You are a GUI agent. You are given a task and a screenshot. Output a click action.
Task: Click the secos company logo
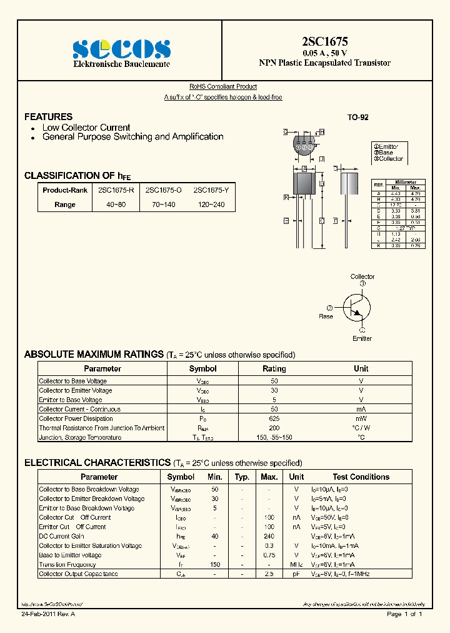point(122,49)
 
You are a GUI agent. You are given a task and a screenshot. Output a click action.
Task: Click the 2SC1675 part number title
point(324,42)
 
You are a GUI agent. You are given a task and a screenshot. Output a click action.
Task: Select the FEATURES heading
point(48,117)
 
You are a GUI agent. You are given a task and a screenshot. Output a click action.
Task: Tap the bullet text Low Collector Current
point(86,128)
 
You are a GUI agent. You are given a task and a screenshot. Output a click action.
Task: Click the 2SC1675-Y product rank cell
point(209,189)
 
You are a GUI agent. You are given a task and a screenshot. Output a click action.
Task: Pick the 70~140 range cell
point(162,205)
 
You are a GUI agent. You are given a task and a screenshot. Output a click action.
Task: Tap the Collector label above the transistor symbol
point(362,276)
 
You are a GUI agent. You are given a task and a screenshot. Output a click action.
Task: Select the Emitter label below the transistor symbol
point(362,338)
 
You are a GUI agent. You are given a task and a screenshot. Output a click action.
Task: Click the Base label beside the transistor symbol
point(326,316)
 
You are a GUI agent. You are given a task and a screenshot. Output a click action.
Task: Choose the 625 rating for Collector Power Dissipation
point(274,418)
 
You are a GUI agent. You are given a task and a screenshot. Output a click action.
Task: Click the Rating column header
point(274,369)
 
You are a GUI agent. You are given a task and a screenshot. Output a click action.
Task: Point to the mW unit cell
point(361,418)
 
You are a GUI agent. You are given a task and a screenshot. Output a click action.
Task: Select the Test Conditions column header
point(361,477)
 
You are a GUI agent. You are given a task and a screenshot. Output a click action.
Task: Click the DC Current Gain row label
point(62,536)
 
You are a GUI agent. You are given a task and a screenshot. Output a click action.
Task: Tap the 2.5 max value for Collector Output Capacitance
point(269,574)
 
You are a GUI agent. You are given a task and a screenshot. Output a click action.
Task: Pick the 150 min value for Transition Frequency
point(215,564)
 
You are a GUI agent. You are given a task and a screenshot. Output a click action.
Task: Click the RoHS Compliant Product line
point(223,87)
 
